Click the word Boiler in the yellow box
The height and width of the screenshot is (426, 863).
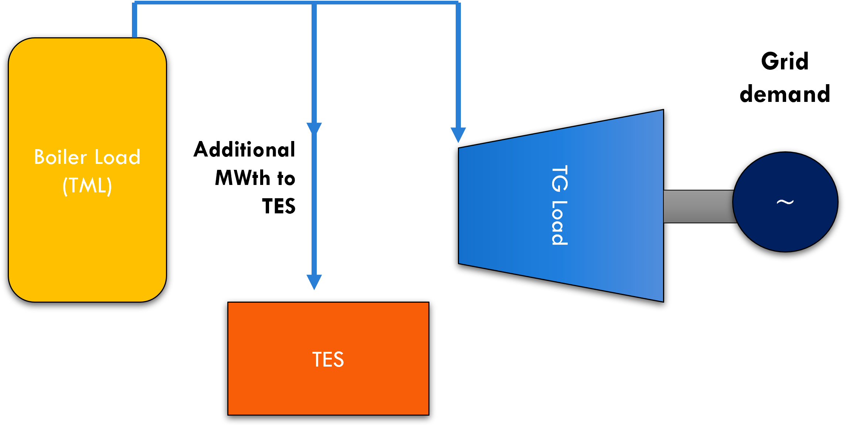pyautogui.click(x=60, y=157)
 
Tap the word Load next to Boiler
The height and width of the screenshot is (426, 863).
pyautogui.click(x=118, y=157)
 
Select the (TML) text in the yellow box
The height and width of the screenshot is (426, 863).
pyautogui.click(x=87, y=185)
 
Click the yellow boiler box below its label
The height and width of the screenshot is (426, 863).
pyautogui.click(x=87, y=251)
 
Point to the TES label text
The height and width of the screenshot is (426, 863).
pyautogui.click(x=328, y=360)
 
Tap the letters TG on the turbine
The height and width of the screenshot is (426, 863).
pyautogui.click(x=559, y=178)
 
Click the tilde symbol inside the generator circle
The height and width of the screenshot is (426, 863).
pyautogui.click(x=785, y=202)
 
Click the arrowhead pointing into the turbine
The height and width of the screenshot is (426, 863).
pyautogui.click(x=458, y=134)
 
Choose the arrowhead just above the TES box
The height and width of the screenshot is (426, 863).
pyautogui.click(x=314, y=281)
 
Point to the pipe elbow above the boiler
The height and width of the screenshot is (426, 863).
pyautogui.click(x=135, y=3)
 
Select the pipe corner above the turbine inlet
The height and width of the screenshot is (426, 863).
pyautogui.click(x=458, y=3)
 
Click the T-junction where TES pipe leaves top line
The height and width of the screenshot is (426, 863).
pyautogui.click(x=314, y=3)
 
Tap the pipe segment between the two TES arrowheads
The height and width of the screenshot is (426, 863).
pyautogui.click(x=314, y=203)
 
